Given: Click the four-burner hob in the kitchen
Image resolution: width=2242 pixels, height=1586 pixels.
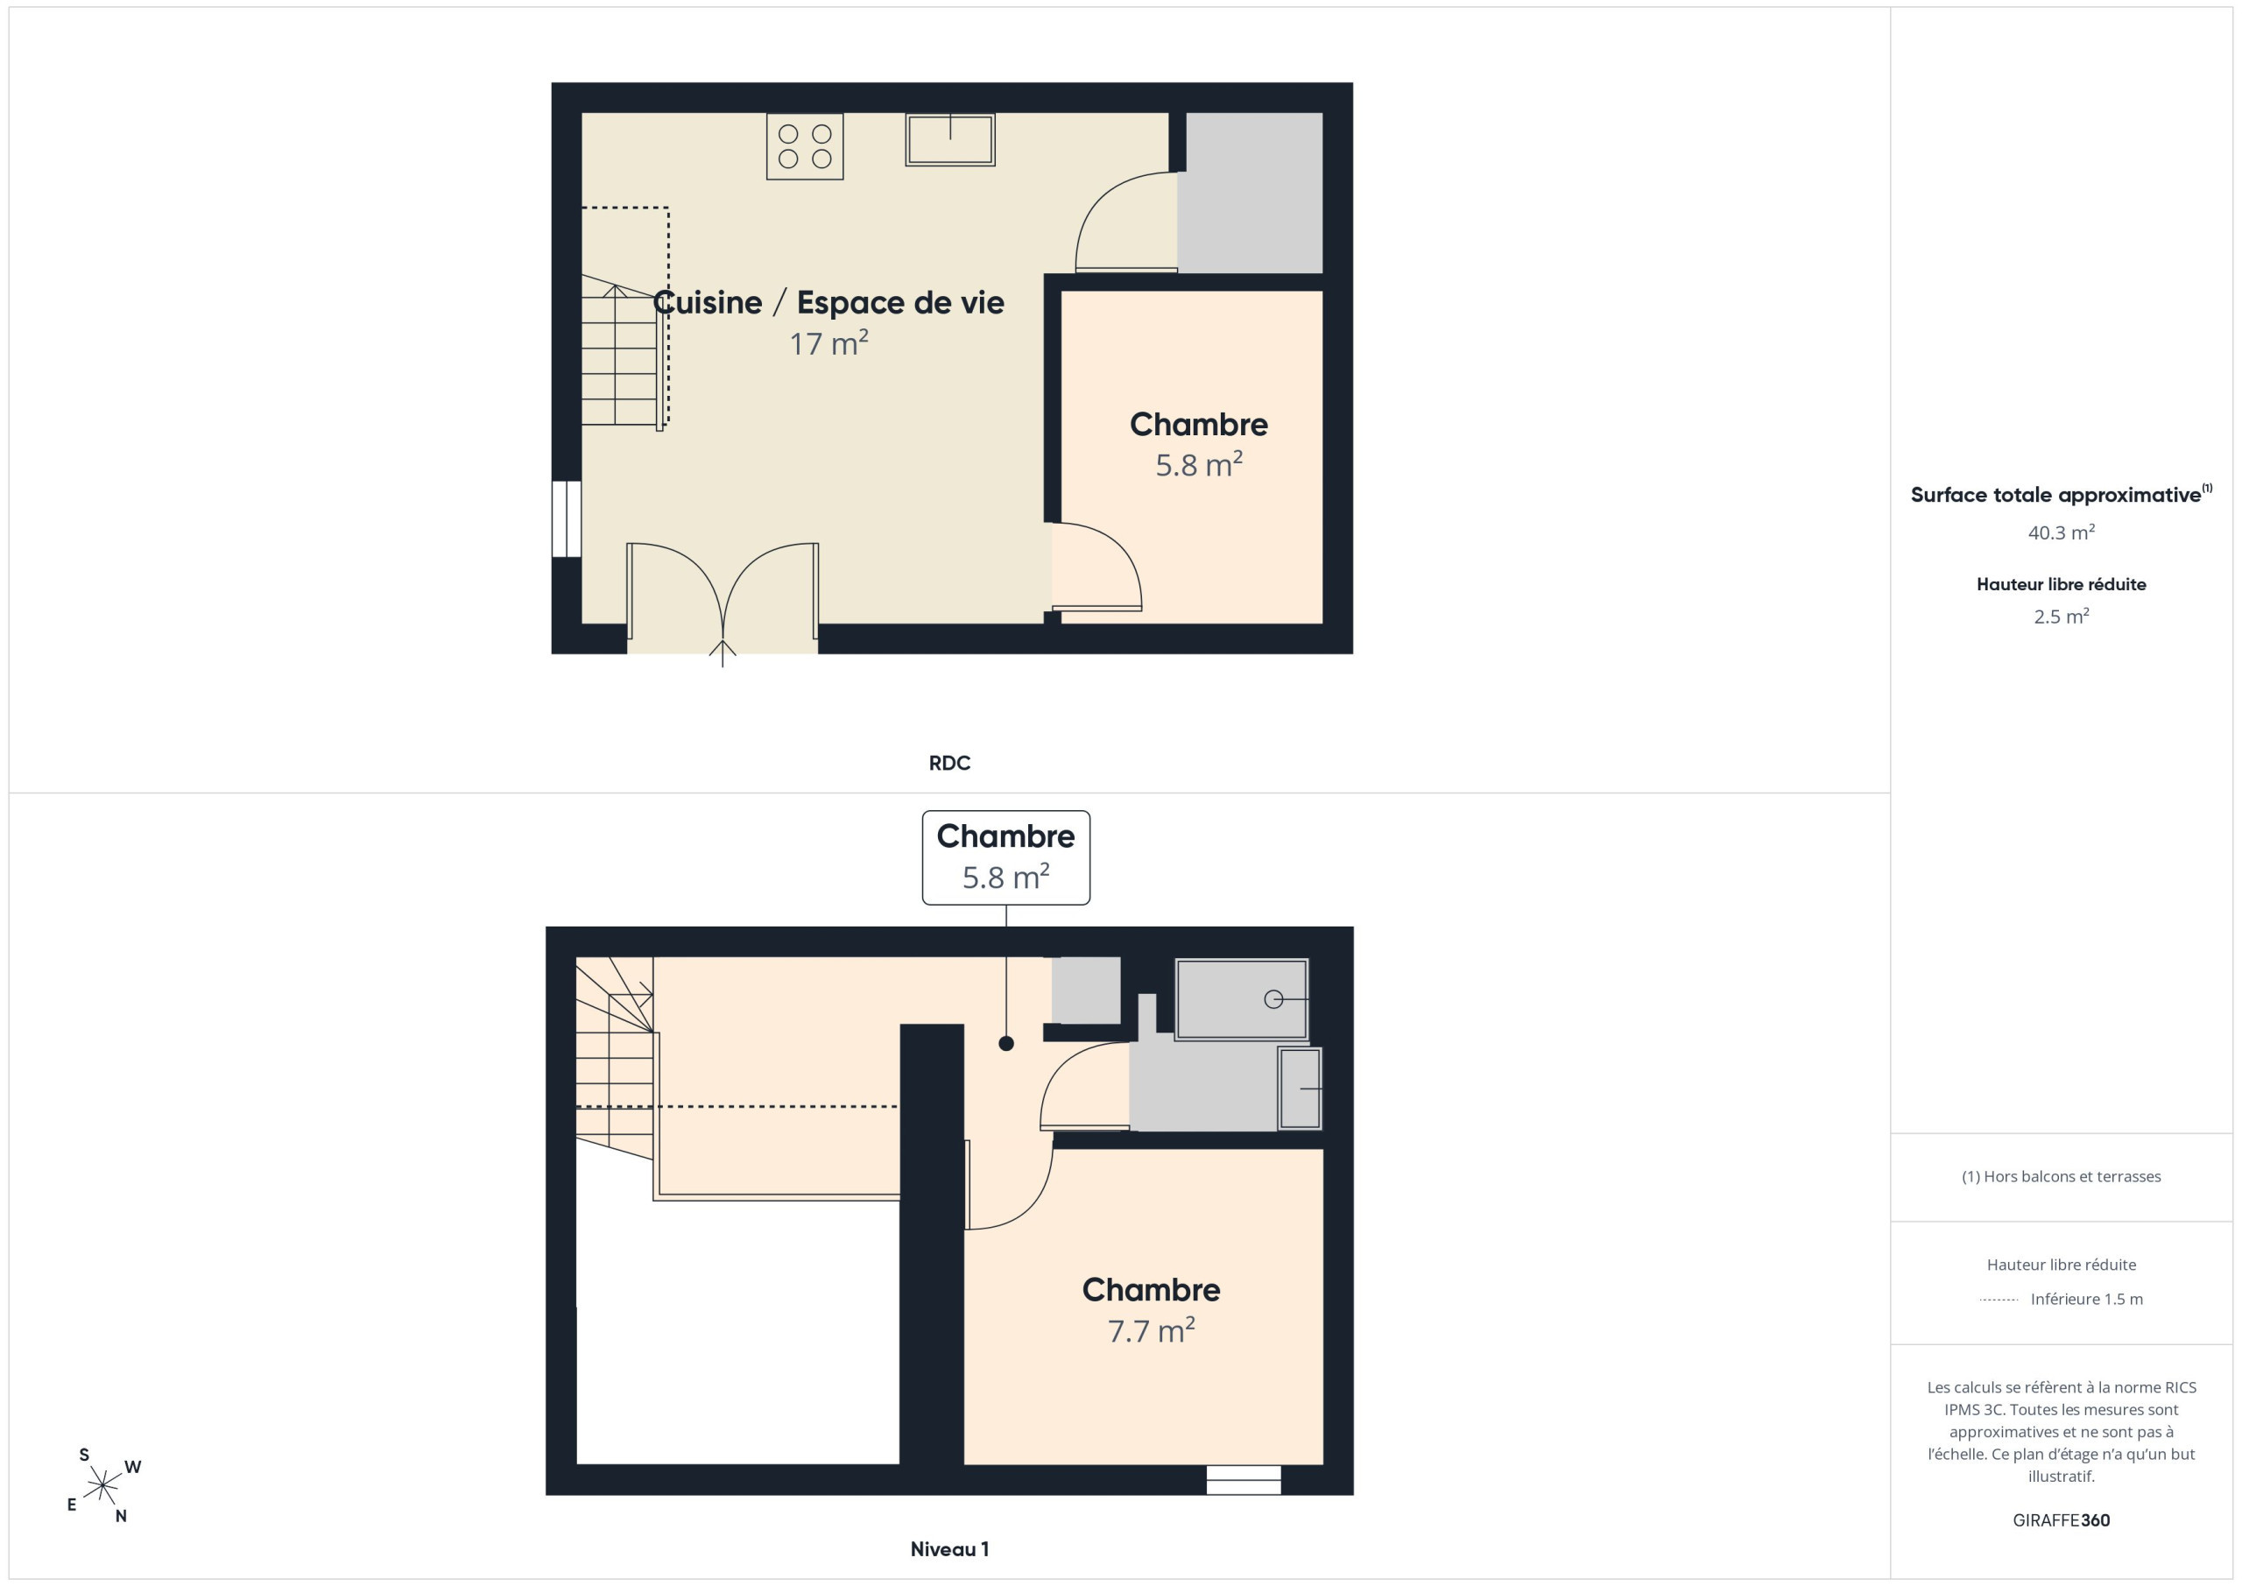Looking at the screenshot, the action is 805,146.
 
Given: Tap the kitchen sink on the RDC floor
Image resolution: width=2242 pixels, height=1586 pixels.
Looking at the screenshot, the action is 950,139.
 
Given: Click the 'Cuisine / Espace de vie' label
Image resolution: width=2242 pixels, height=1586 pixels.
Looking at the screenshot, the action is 828,303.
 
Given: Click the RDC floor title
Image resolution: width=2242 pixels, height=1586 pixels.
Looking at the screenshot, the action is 949,763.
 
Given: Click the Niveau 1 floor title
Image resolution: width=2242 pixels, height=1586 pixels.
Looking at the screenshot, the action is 949,1549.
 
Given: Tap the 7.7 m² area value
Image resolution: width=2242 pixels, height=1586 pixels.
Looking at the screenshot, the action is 1152,1331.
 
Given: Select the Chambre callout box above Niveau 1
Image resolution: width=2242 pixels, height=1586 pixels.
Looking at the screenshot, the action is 1005,857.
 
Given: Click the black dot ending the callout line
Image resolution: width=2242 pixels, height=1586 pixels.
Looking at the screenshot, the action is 1005,1043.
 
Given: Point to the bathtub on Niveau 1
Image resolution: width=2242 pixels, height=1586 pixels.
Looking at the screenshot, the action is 1241,999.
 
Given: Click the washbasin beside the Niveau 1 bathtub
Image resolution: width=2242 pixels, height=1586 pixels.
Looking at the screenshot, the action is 1300,1088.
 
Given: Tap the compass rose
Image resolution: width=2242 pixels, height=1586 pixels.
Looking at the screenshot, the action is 102,1486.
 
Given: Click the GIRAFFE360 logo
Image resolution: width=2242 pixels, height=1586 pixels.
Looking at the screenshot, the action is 2062,1519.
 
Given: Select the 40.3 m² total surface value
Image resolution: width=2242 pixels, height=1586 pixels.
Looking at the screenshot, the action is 2062,532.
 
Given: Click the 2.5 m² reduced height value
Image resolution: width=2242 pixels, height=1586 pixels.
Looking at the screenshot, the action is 2062,617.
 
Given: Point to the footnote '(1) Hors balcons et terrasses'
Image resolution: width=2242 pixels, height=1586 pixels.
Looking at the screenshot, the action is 2062,1176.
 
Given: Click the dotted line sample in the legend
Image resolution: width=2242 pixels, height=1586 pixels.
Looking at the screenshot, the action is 1999,1300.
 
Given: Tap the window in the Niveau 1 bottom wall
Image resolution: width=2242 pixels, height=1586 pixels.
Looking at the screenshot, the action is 1243,1479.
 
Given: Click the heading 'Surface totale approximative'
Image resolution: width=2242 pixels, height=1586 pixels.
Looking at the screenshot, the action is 2055,495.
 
